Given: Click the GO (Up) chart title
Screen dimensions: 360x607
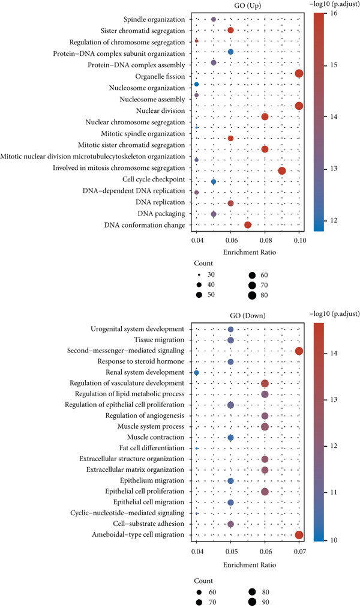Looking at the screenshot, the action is coord(247,6).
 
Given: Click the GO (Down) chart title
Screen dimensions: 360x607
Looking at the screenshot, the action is coord(247,315).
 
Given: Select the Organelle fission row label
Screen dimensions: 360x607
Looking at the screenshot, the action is coord(160,77).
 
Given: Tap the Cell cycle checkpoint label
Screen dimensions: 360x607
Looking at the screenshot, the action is coord(154,180).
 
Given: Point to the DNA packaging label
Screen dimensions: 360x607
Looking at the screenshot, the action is coord(161,214).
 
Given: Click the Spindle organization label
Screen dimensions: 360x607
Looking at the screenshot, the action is coord(154,19).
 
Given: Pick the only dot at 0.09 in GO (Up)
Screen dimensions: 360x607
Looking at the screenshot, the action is coord(282,171).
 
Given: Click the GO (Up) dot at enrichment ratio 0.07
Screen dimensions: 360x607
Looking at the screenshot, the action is coord(248,225).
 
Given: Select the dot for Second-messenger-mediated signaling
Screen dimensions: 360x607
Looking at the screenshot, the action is coord(299,351).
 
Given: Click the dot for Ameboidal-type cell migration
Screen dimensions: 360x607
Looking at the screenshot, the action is coord(299,535).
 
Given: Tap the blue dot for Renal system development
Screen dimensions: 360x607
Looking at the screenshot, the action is coord(196,373).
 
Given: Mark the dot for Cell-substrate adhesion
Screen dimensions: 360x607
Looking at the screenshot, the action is coord(231,524).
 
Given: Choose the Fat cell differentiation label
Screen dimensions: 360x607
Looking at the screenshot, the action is coord(152,448).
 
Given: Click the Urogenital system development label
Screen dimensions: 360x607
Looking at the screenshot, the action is coord(137,329).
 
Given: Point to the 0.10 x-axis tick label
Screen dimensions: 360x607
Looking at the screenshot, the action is coord(300,240).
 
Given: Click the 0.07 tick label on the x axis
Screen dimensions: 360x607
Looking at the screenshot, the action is coord(299,551).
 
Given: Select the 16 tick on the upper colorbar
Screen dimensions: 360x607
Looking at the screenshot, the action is coord(334,13).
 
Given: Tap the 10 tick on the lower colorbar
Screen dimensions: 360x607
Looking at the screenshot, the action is coord(334,540).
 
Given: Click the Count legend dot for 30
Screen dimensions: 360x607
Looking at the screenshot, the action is coord(199,274).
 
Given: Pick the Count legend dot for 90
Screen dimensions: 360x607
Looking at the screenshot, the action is coord(252,602).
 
